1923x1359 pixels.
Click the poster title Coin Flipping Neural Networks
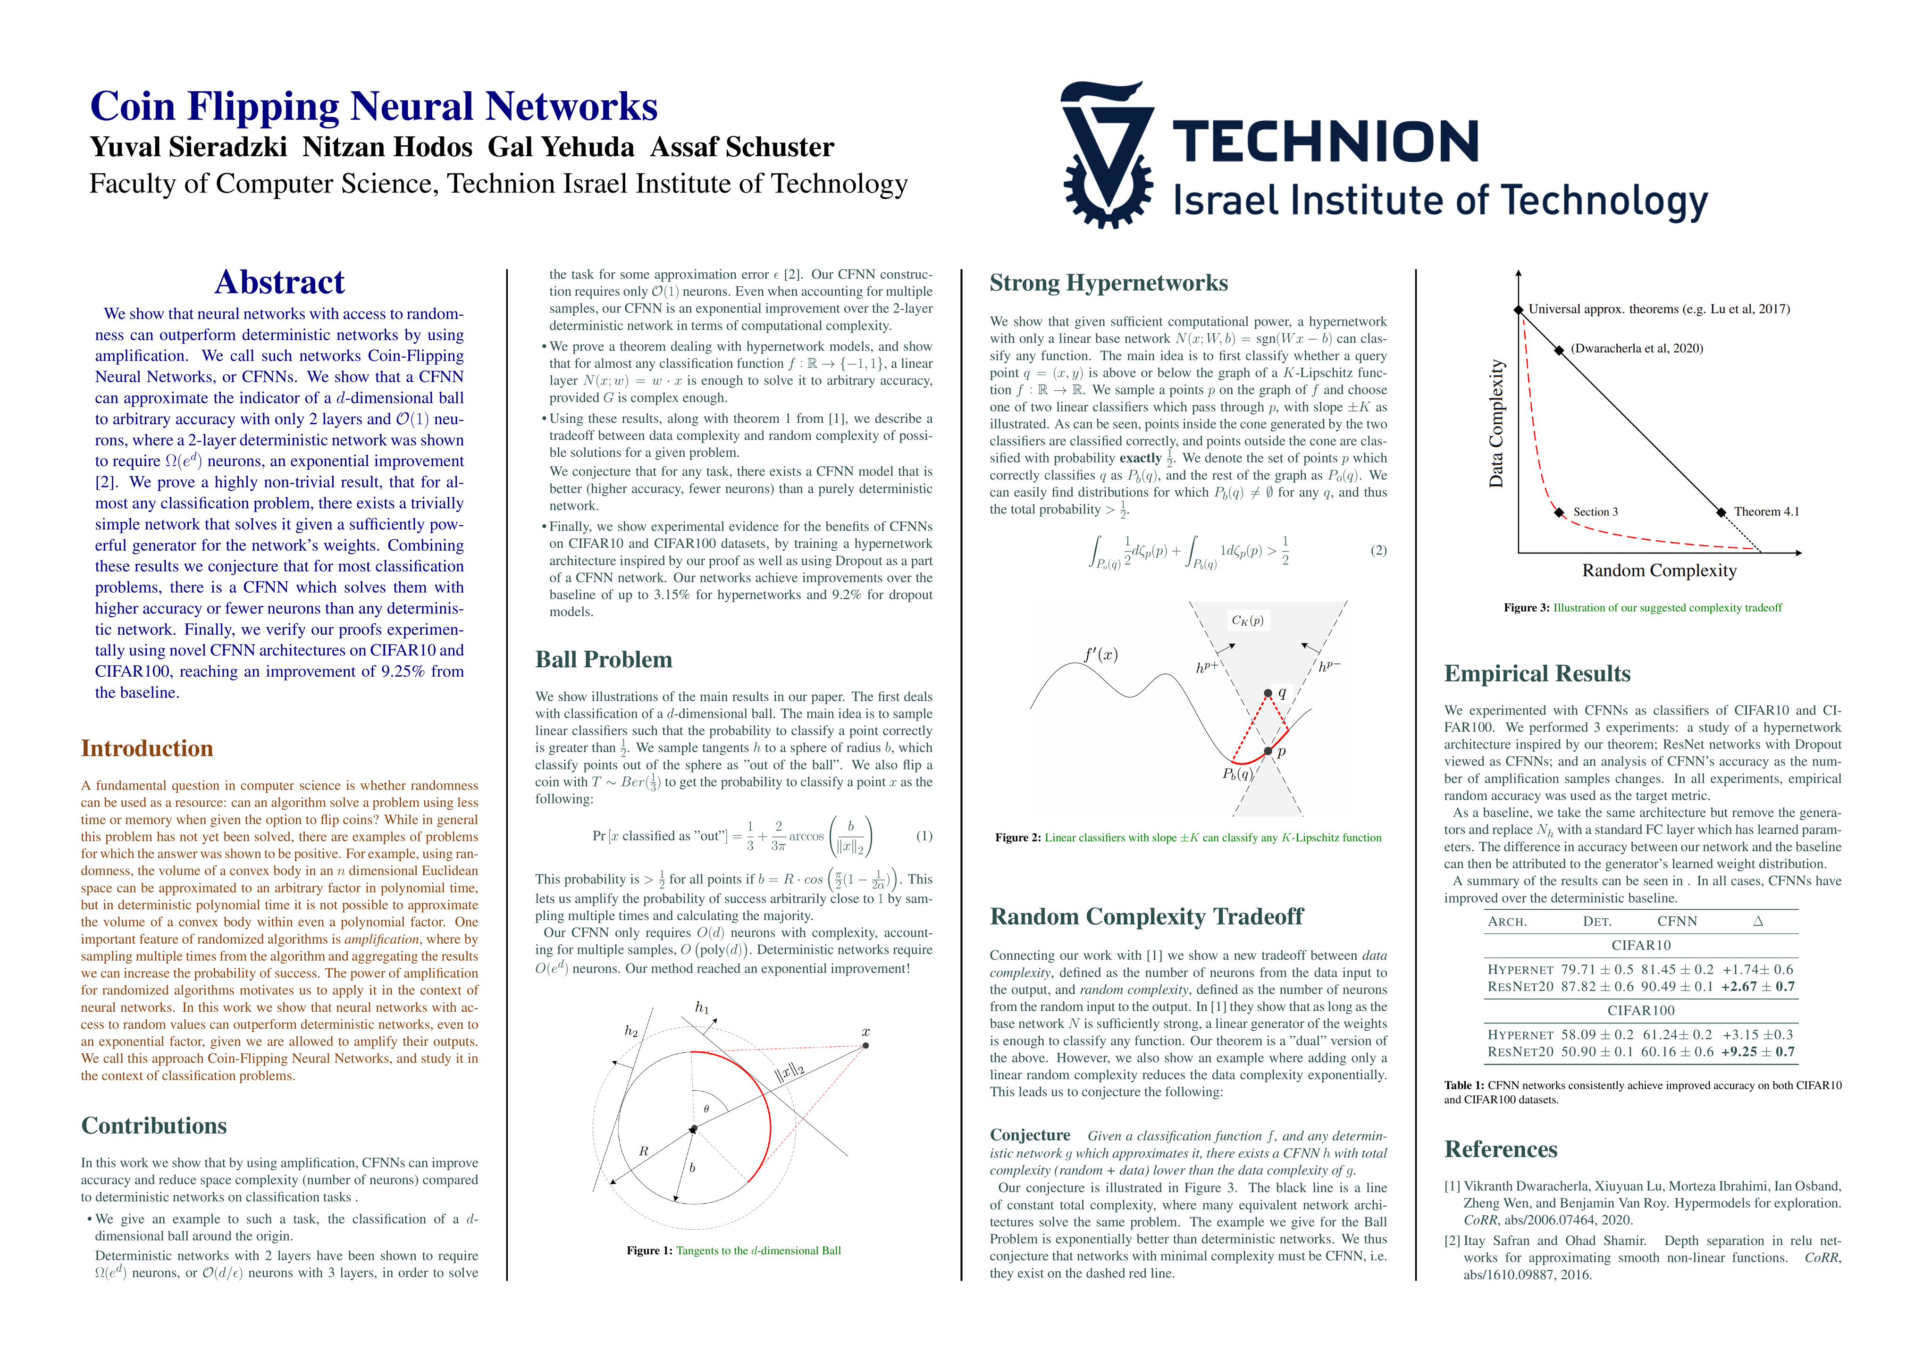pos(374,106)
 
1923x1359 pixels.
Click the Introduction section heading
pos(147,748)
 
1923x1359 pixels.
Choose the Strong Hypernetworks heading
pos(1108,283)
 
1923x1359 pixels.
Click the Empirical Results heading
pos(1537,673)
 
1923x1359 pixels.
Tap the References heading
pos(1500,1149)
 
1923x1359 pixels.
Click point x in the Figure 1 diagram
pos(865,1045)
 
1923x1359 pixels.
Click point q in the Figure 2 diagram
pos(1268,693)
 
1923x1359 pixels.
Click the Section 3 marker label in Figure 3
pos(1595,512)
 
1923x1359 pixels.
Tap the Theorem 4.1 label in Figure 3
pos(1765,512)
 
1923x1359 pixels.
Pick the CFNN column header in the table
pos(1677,921)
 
